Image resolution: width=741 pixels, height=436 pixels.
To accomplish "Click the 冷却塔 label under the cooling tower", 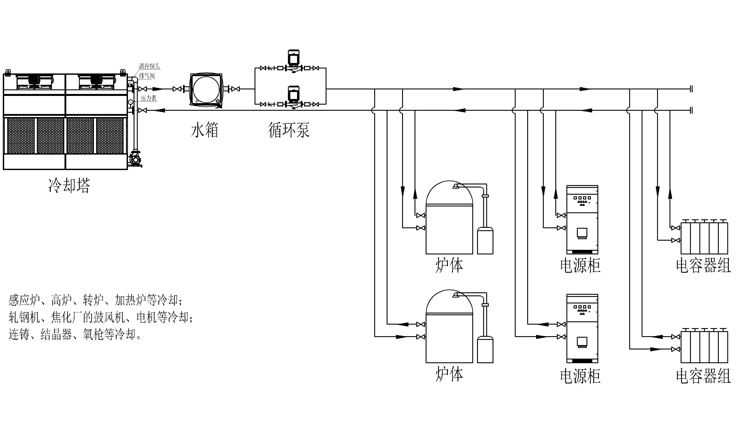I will [69, 186].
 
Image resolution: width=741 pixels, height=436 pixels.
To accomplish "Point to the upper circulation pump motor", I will [293, 58].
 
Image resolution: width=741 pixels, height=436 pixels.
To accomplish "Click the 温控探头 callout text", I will [149, 66].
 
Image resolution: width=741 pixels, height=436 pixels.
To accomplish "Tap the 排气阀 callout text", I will [147, 76].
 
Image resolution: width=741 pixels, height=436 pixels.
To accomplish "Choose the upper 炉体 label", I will [449, 265].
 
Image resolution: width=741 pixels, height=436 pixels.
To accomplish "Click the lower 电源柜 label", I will [580, 376].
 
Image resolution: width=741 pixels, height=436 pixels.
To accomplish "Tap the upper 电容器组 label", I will [703, 265].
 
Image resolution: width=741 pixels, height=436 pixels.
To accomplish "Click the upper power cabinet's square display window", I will [582, 233].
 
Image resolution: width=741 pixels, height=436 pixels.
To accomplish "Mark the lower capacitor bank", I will [704, 347].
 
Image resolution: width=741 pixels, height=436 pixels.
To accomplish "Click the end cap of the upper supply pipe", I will [691, 89].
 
